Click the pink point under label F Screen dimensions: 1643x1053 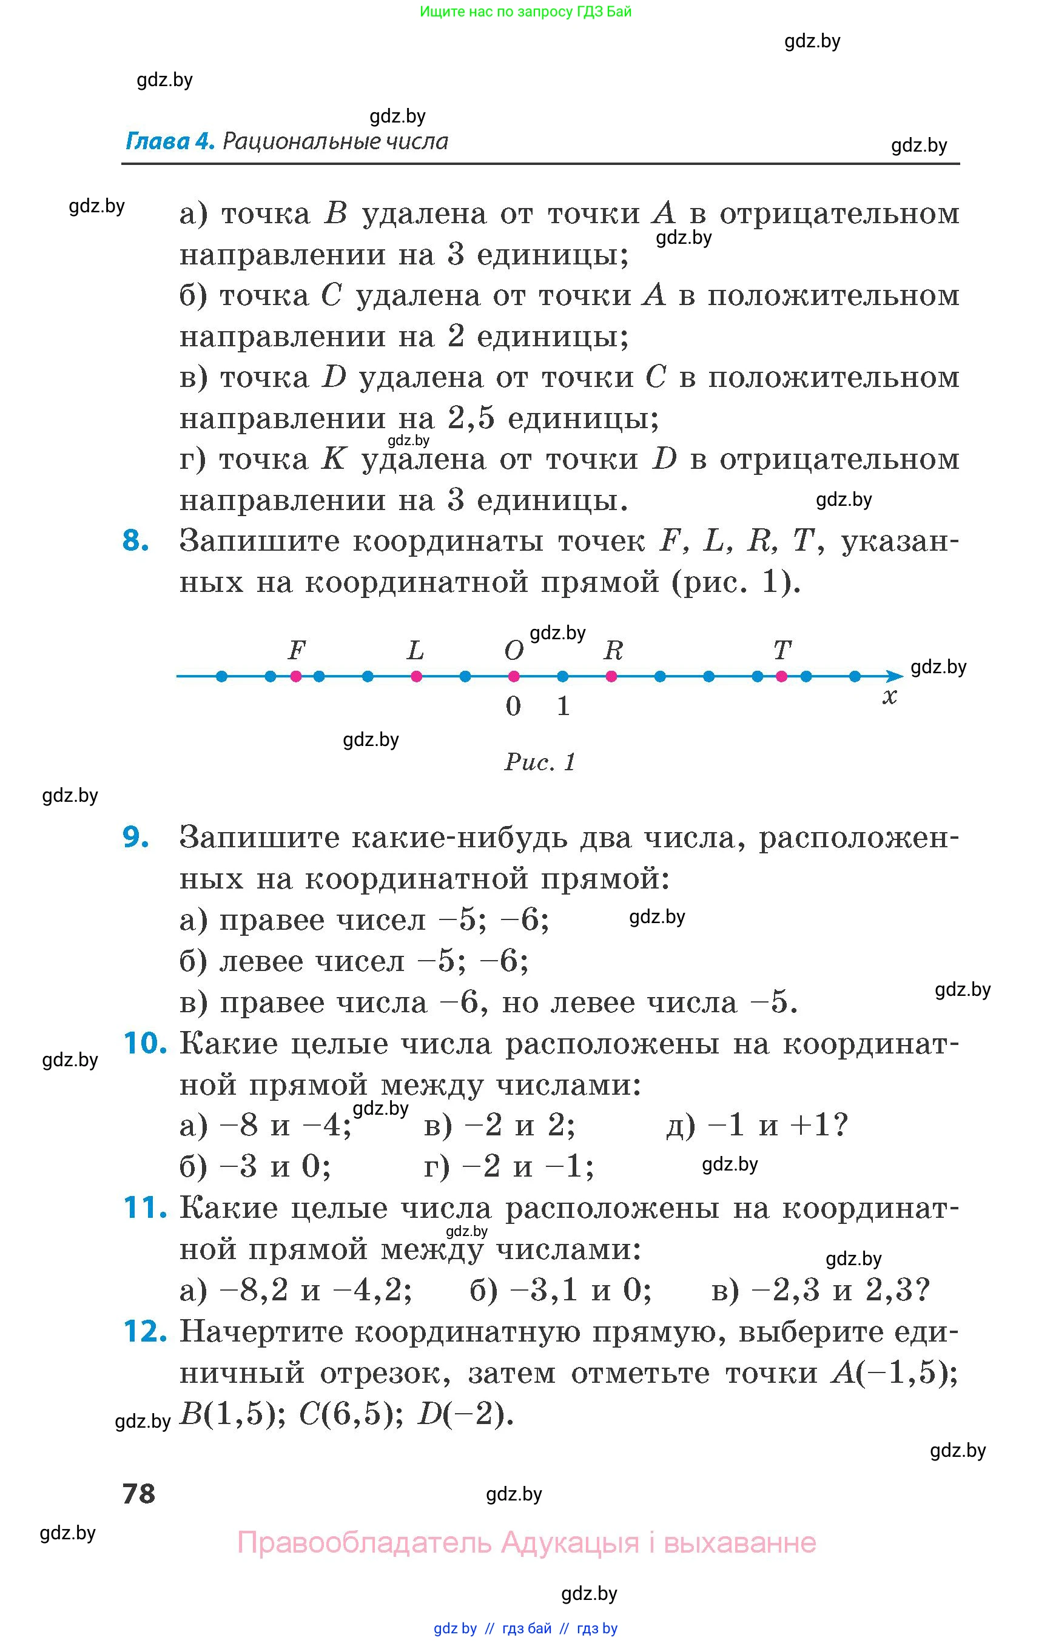click(x=296, y=676)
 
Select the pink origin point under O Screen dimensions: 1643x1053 click(x=514, y=676)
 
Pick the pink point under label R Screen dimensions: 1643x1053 click(x=611, y=676)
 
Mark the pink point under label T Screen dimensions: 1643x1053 click(x=781, y=676)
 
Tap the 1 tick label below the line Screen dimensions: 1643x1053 click(x=563, y=705)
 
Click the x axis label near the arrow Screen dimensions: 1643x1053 click(x=889, y=697)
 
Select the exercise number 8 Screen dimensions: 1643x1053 click(x=135, y=541)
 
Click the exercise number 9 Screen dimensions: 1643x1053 click(x=135, y=837)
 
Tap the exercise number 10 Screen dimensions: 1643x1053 click(x=144, y=1043)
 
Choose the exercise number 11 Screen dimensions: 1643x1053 click(x=144, y=1208)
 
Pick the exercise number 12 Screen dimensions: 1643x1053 click(x=144, y=1331)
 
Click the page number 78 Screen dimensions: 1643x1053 click(x=139, y=1493)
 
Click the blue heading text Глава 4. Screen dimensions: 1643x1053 click(x=170, y=141)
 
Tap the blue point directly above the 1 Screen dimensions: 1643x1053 click(x=563, y=676)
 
